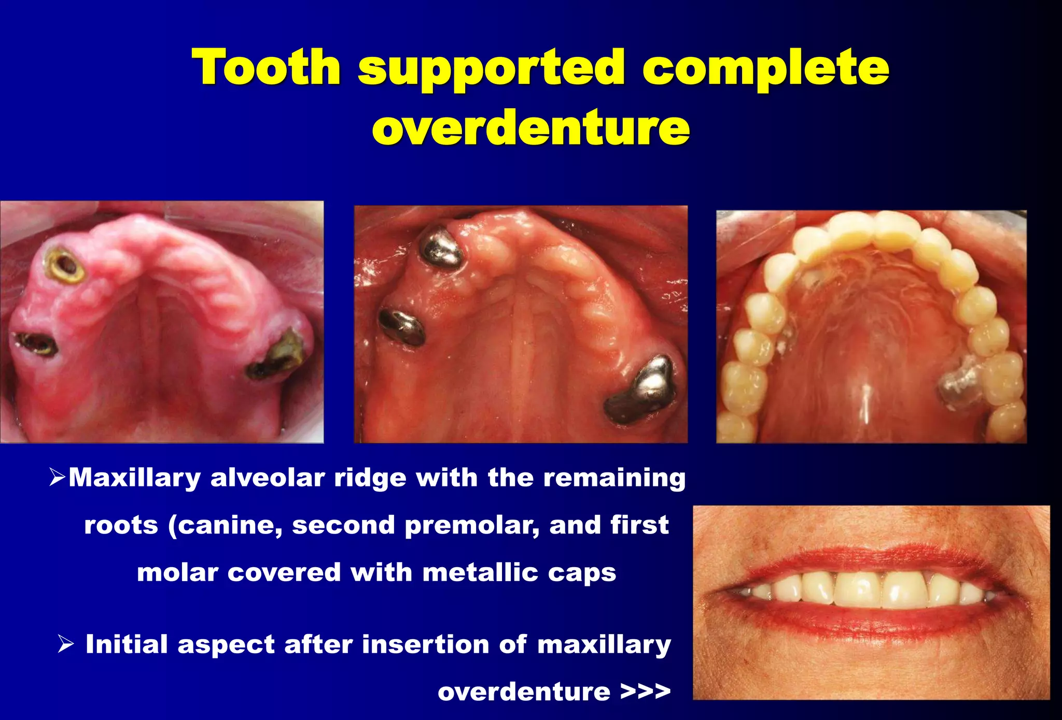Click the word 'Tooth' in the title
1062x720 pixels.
266,67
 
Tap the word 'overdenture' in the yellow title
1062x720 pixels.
530,127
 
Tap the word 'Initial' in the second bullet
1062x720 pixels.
126,644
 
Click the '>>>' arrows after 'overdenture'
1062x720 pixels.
645,692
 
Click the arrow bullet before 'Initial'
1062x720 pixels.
66,644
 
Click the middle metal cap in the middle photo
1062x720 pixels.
402,327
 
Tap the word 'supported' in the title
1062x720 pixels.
491,68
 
